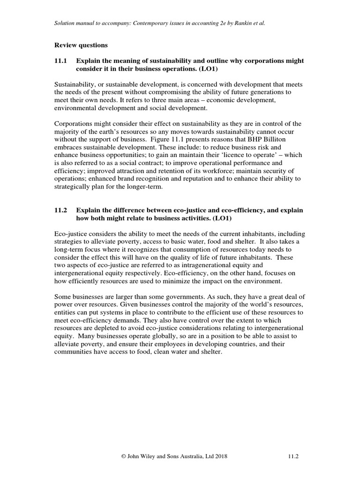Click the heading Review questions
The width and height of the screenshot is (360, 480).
pyautogui.click(x=81, y=45)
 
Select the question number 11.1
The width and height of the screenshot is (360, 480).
pyautogui.click(x=61, y=61)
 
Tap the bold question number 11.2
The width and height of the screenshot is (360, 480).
pyautogui.click(x=61, y=210)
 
